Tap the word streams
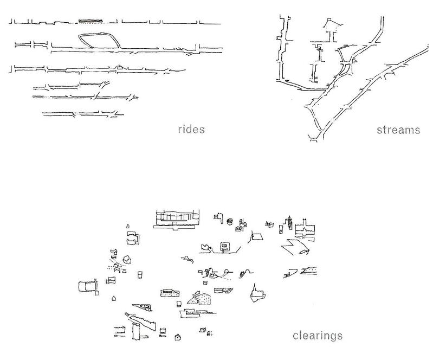(x=400, y=130)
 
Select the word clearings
(x=317, y=335)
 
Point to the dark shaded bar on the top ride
(x=90, y=21)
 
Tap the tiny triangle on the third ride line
(x=121, y=67)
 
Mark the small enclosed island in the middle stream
(x=345, y=69)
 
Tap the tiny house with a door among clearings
(x=177, y=337)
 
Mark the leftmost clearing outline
(x=87, y=287)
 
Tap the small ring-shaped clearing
(x=230, y=221)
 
